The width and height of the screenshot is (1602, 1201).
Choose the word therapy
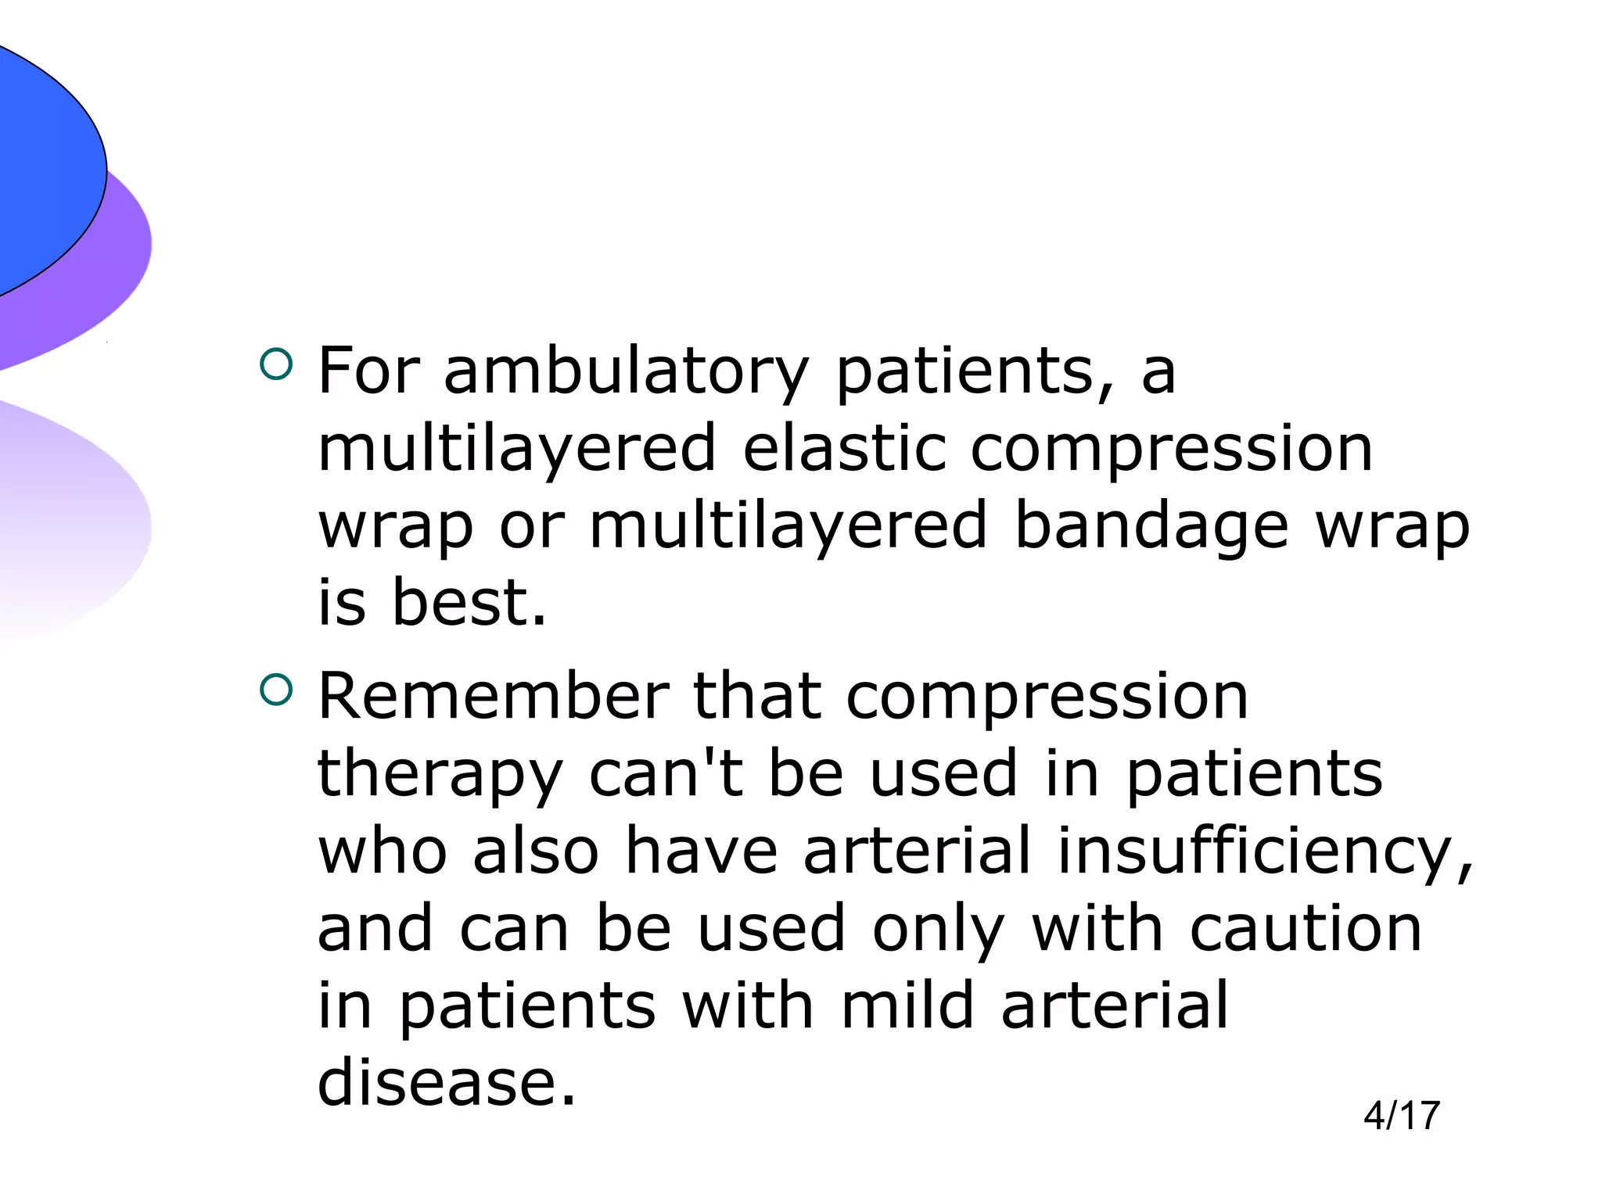[440, 774]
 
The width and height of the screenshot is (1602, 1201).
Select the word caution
[1306, 928]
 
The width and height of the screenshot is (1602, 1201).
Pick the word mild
[908, 1006]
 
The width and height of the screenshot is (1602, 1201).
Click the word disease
[447, 1083]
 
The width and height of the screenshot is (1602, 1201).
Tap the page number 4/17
[1401, 1116]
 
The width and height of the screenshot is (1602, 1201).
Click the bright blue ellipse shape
[39, 164]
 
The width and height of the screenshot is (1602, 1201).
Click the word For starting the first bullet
[368, 371]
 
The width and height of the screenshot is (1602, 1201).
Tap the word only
[938, 929]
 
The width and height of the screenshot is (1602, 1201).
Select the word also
[536, 851]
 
